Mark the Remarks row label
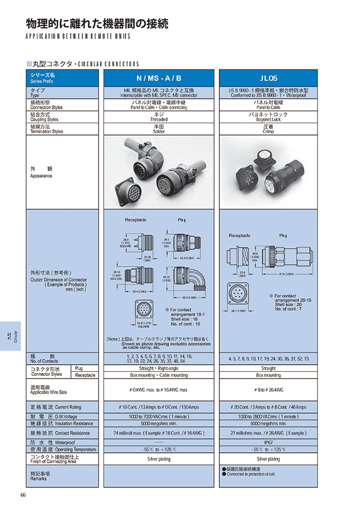(x=39, y=476)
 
